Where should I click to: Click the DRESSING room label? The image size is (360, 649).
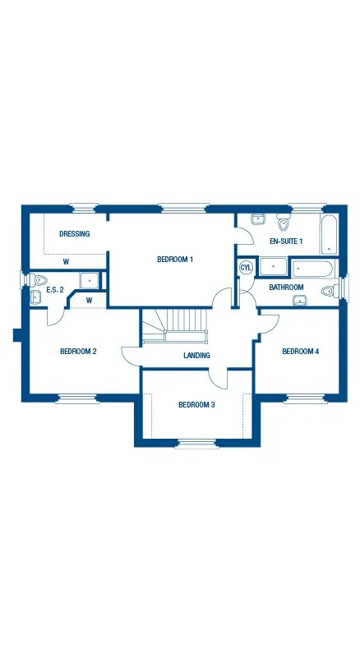coord(74,234)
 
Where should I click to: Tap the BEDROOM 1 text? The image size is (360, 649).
coord(175,260)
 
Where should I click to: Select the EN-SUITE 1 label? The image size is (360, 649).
coord(286,241)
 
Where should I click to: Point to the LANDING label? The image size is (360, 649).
coord(196,356)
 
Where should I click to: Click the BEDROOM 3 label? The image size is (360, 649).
coord(196,404)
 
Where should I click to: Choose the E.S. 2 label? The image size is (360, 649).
coord(55,290)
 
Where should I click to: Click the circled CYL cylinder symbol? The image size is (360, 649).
coord(246,268)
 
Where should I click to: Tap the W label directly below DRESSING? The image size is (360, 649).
coord(65,262)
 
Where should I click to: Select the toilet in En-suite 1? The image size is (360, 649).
coord(284,223)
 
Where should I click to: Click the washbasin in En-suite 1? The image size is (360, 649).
coord(257,219)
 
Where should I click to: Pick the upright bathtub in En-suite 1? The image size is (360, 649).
coord(327,235)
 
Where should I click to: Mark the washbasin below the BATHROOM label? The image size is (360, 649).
coord(299,300)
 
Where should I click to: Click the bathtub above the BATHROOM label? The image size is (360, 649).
coord(312,268)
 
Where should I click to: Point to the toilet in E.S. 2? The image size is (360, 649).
coord(39,280)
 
